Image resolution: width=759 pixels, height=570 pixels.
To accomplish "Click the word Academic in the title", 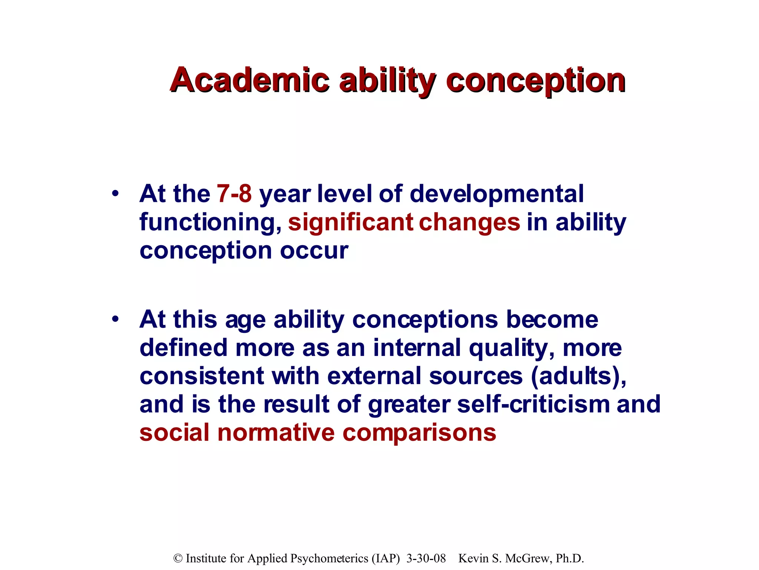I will (249, 80).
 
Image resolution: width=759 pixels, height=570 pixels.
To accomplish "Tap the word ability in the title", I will (388, 81).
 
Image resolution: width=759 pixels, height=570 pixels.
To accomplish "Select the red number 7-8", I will (234, 194).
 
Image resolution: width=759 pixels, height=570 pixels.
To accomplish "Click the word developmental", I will (497, 194).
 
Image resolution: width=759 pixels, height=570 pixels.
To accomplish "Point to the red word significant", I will (351, 223).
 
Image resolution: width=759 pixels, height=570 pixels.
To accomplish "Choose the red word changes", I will (470, 223).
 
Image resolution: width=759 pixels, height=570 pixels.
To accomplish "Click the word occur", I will (314, 251).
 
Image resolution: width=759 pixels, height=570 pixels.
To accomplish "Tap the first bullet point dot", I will (116, 193).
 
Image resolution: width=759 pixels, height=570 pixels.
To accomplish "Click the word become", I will (552, 320).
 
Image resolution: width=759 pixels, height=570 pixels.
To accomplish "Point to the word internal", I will (417, 348).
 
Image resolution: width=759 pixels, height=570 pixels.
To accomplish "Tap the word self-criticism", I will (533, 404).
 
